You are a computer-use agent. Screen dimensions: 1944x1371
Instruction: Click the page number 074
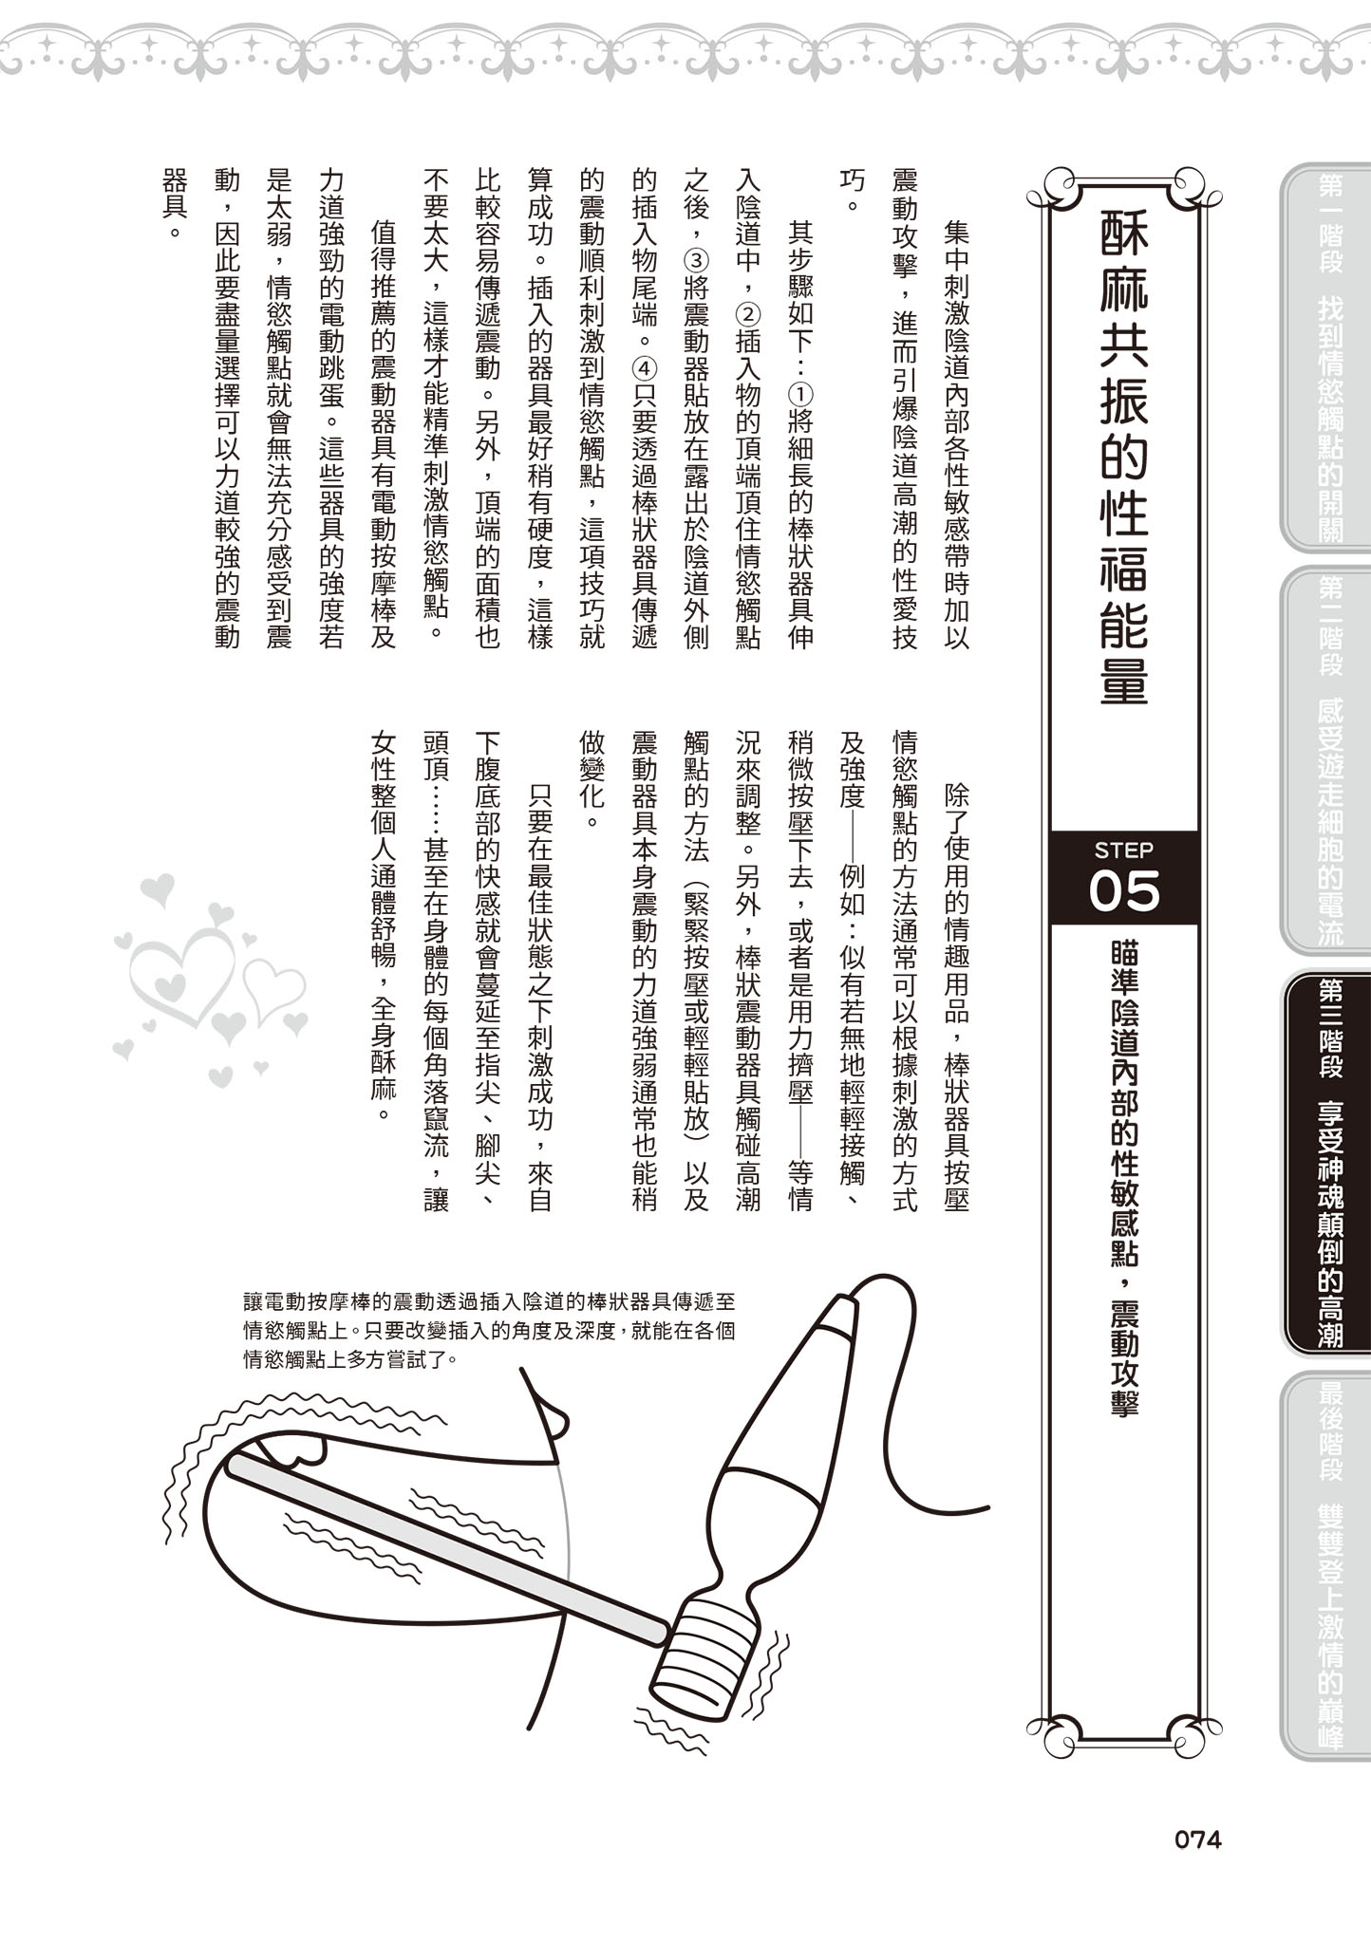(x=1197, y=1840)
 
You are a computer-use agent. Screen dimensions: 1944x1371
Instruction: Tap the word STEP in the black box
(x=1123, y=850)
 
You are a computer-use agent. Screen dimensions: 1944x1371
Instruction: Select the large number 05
(x=1124, y=892)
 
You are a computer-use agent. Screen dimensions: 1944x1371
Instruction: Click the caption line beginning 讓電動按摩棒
(x=489, y=1302)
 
